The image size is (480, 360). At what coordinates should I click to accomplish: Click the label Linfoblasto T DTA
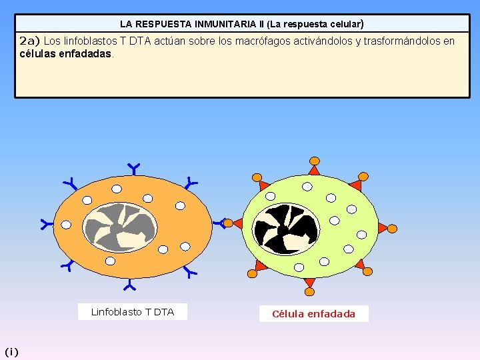tap(132, 312)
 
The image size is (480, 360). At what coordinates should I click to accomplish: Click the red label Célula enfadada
tap(313, 314)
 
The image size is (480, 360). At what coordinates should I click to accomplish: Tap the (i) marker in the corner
tap(12, 351)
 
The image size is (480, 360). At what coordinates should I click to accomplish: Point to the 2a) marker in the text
tap(30, 41)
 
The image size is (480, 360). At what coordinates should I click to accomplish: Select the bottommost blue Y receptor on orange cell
tap(129, 286)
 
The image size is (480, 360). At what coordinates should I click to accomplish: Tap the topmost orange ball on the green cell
tap(314, 161)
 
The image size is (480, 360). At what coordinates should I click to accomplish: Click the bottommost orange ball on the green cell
tap(309, 292)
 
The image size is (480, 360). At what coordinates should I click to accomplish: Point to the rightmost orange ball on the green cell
tap(392, 229)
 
